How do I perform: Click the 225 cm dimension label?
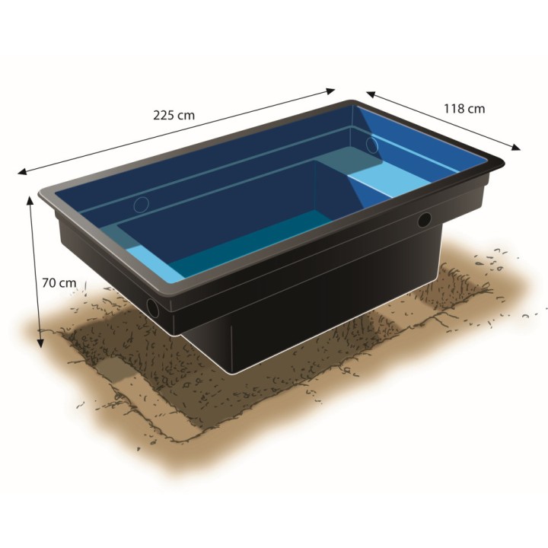pyautogui.click(x=174, y=116)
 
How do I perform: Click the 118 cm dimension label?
pyautogui.click(x=464, y=109)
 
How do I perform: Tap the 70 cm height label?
pyautogui.click(x=59, y=282)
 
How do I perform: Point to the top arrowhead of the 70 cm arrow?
pyautogui.click(x=30, y=201)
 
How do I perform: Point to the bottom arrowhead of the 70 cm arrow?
pyautogui.click(x=41, y=343)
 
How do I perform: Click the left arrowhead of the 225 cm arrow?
pyautogui.click(x=22, y=171)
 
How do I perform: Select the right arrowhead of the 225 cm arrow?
pyautogui.click(x=330, y=91)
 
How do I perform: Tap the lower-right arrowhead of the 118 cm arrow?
pyautogui.click(x=516, y=148)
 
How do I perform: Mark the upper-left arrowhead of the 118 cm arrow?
pyautogui.click(x=371, y=94)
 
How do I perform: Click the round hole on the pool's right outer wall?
pyautogui.click(x=425, y=220)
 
